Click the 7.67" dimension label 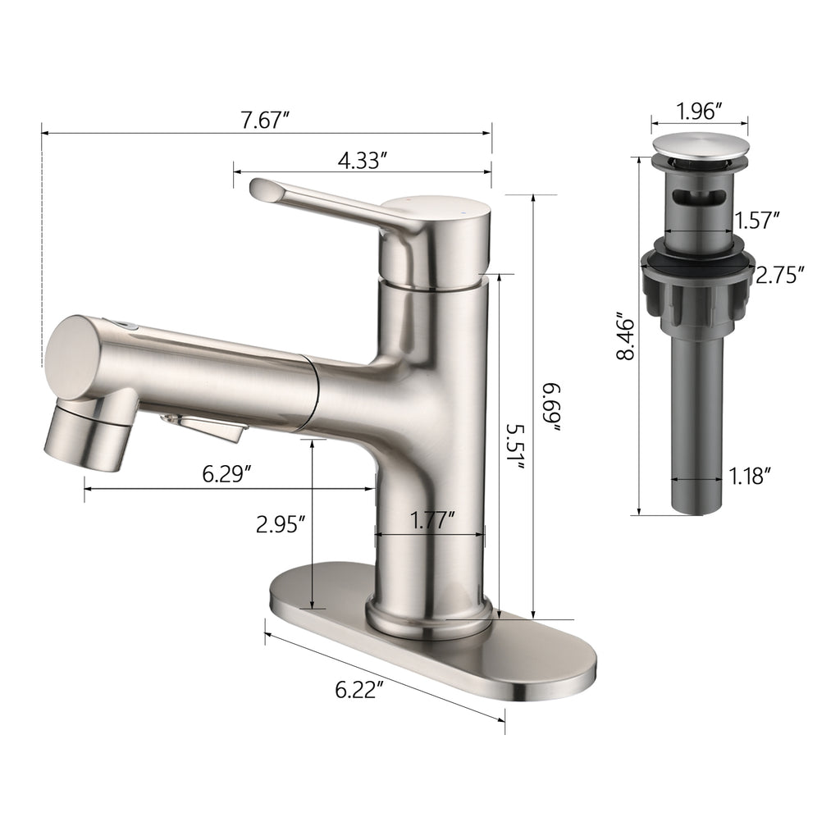pyautogui.click(x=265, y=120)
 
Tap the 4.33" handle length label pyautogui.click(x=362, y=160)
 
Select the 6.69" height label pyautogui.click(x=550, y=407)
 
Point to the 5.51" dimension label pyautogui.click(x=515, y=447)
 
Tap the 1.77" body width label pyautogui.click(x=432, y=519)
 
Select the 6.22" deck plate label pyautogui.click(x=360, y=690)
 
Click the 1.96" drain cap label pyautogui.click(x=700, y=112)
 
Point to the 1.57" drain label pyautogui.click(x=756, y=220)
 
